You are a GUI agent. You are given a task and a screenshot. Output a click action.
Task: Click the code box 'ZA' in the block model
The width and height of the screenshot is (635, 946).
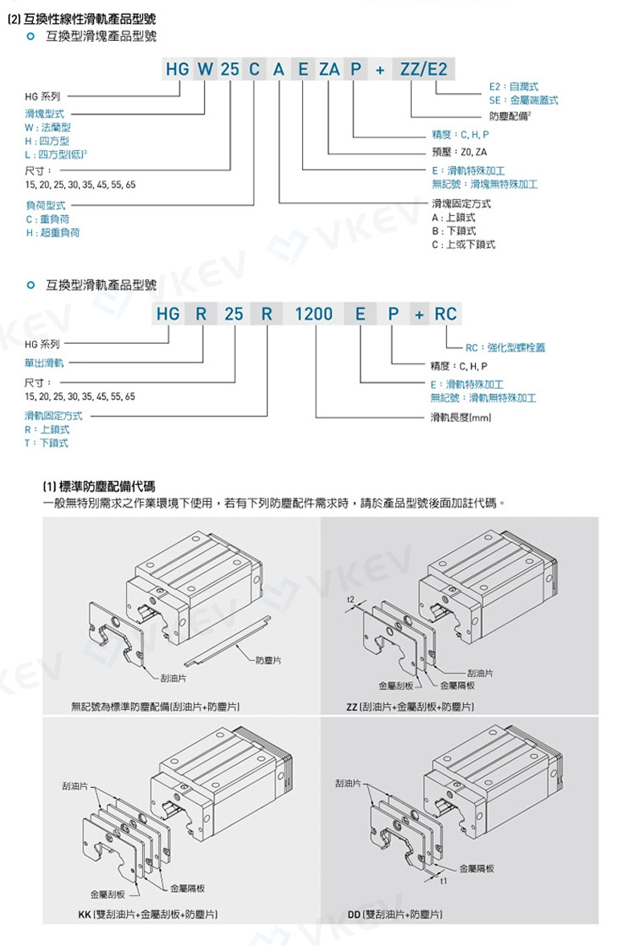tap(329, 69)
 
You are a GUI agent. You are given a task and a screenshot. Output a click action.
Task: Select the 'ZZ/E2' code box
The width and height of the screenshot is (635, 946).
tap(424, 69)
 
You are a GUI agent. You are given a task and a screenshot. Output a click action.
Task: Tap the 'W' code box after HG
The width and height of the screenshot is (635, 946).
tap(205, 69)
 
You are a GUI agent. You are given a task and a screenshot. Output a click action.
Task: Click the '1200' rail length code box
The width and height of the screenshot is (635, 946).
tap(313, 314)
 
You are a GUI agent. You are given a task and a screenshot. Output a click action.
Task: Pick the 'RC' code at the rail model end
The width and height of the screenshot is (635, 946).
tap(444, 314)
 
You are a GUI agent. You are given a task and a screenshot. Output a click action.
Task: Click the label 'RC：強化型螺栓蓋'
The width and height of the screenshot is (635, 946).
tap(505, 348)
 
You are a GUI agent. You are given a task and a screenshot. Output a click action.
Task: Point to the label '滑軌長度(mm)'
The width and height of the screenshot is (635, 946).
tap(461, 418)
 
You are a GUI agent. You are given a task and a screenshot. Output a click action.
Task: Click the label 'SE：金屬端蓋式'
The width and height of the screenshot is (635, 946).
tap(522, 100)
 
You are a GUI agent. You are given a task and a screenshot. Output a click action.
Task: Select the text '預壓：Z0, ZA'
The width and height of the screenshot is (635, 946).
tap(459, 152)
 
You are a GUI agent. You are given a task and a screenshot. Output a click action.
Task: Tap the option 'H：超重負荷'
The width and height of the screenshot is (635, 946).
tap(52, 232)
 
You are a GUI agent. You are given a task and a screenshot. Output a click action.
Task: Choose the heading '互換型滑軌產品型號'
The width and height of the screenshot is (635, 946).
tap(101, 284)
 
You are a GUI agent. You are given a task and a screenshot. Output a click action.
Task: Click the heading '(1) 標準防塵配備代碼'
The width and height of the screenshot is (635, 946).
tap(99, 486)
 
